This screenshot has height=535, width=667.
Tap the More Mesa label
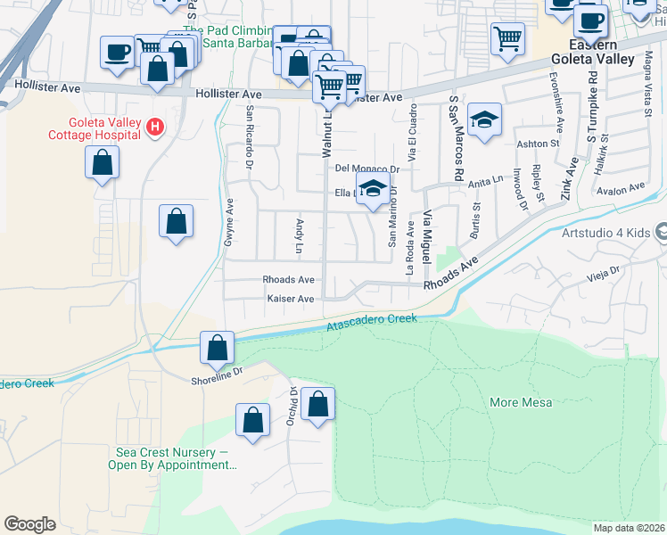coord(521,402)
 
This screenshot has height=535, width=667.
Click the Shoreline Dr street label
coord(213,375)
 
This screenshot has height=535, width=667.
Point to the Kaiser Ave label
coord(291,299)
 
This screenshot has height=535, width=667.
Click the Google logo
coord(29,523)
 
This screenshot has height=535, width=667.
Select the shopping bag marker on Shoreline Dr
coord(217,348)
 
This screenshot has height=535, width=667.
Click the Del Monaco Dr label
coord(366,169)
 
